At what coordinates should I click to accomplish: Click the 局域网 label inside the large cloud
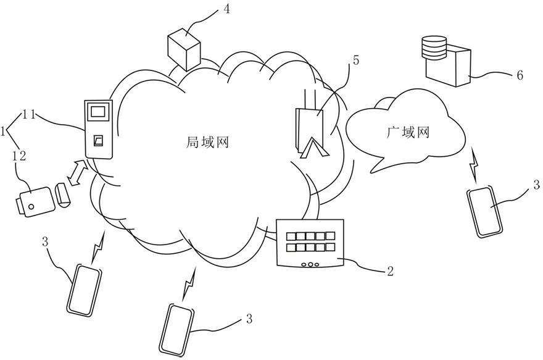pos(207,142)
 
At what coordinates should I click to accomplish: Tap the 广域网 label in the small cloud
pos(408,132)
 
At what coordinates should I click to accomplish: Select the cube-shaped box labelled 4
pos(184,50)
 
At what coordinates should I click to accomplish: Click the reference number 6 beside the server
pos(520,75)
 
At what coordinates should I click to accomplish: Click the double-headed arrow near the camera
pos(78,172)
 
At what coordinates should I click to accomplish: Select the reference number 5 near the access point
pos(355,61)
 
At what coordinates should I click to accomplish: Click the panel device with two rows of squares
pos(310,243)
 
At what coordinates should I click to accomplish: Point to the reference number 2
pos(390,271)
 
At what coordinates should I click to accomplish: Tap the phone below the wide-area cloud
pos(484,212)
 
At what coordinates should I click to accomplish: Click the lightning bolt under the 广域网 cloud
pos(474,164)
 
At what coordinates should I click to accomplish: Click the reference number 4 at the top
pos(226,9)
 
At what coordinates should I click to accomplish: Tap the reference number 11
pos(30,115)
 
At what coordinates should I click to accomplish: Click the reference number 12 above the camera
pos(19,156)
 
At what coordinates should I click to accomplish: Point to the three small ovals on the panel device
pos(310,264)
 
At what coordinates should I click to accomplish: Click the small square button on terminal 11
pos(98,140)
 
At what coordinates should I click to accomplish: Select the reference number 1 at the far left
pos(3,132)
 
